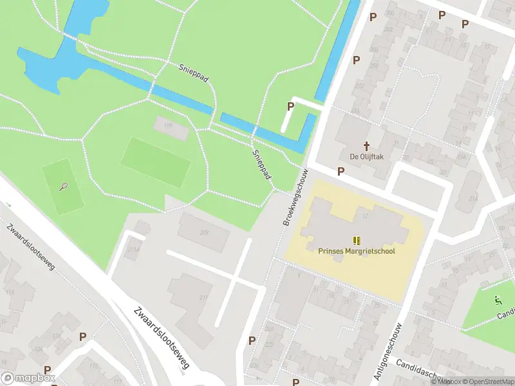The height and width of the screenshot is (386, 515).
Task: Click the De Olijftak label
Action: coord(367,157)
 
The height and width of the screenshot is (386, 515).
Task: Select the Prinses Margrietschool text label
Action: coord(356,251)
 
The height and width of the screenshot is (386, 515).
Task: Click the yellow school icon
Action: coord(356,241)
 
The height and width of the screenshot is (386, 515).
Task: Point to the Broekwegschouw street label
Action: coord(295,198)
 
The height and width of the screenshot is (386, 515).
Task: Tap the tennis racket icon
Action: coord(63,187)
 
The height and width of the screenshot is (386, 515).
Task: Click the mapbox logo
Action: coord(28,378)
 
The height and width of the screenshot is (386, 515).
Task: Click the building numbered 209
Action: coord(204,232)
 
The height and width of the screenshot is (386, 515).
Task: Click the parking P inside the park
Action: coord(290,106)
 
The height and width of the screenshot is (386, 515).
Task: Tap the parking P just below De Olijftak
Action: coord(341,171)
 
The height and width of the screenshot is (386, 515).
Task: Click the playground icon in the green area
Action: coord(497,299)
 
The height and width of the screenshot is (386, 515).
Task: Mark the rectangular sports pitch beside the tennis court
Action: coord(156,162)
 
